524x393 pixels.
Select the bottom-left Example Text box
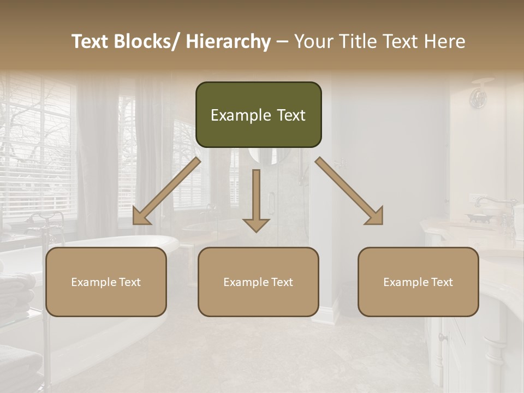pos(106,282)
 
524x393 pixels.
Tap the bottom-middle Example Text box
pos(258,282)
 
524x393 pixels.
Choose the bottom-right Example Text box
pos(418,282)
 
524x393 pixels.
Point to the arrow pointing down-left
pos(166,191)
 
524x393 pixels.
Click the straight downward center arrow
pos(256,200)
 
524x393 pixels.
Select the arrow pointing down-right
pos(349,191)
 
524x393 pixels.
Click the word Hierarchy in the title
pos(228,41)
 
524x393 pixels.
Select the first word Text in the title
pos(91,41)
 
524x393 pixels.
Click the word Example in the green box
pos(233,115)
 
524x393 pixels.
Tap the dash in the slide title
pos(282,42)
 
